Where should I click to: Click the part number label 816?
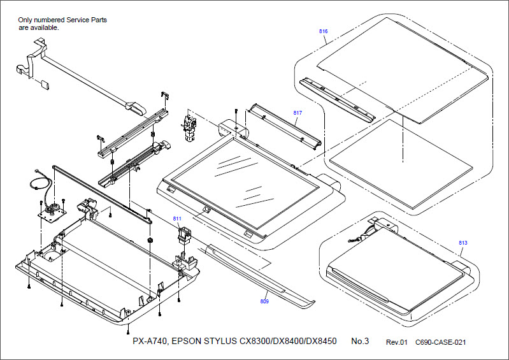[323, 31]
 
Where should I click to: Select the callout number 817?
[298, 113]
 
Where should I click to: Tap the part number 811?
[177, 219]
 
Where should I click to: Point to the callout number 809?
[264, 301]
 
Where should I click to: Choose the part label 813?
[462, 243]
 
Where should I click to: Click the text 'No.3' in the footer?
[360, 342]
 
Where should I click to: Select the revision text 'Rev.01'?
[396, 342]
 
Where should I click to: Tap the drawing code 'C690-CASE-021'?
[440, 342]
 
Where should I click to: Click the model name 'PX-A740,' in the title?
[151, 342]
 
